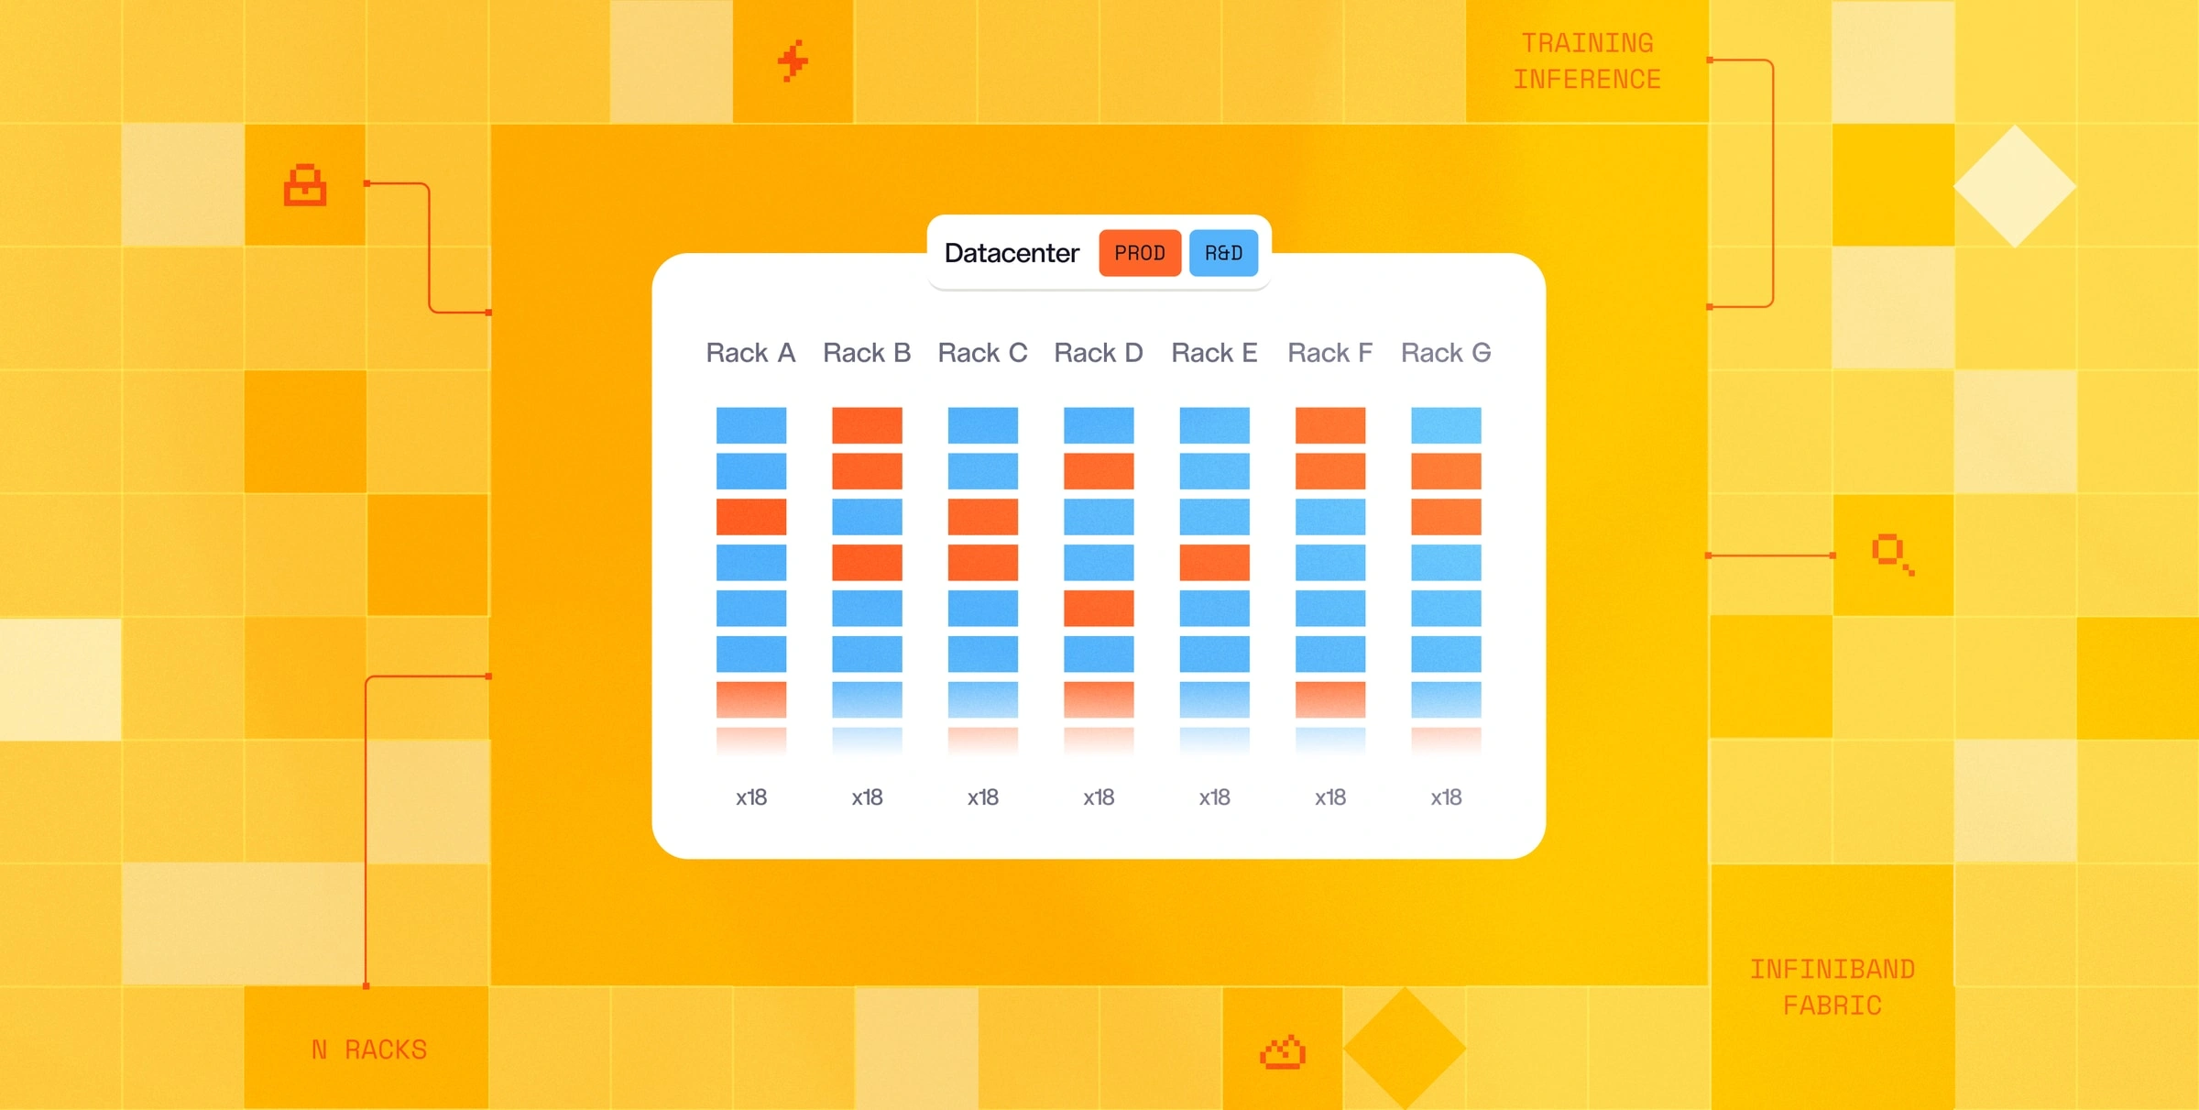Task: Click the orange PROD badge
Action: pos(1140,253)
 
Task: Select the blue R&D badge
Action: pos(1223,253)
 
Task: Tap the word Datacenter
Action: pos(1012,253)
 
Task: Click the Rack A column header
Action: pos(750,353)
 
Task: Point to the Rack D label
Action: pos(1099,353)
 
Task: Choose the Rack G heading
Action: pos(1446,353)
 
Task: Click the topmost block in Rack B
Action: pos(867,425)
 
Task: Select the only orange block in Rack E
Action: pos(1214,563)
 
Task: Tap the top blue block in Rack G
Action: pos(1446,425)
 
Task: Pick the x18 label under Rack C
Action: pos(983,797)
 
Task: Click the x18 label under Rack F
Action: pos(1330,797)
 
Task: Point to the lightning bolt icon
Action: pos(793,61)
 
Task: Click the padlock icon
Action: pos(305,185)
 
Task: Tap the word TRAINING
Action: pos(1588,43)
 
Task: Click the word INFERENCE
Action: pos(1588,80)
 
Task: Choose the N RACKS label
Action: pos(369,1050)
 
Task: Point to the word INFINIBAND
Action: pos(1832,969)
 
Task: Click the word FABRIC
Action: pos(1832,1006)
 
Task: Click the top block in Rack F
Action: pos(1330,425)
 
